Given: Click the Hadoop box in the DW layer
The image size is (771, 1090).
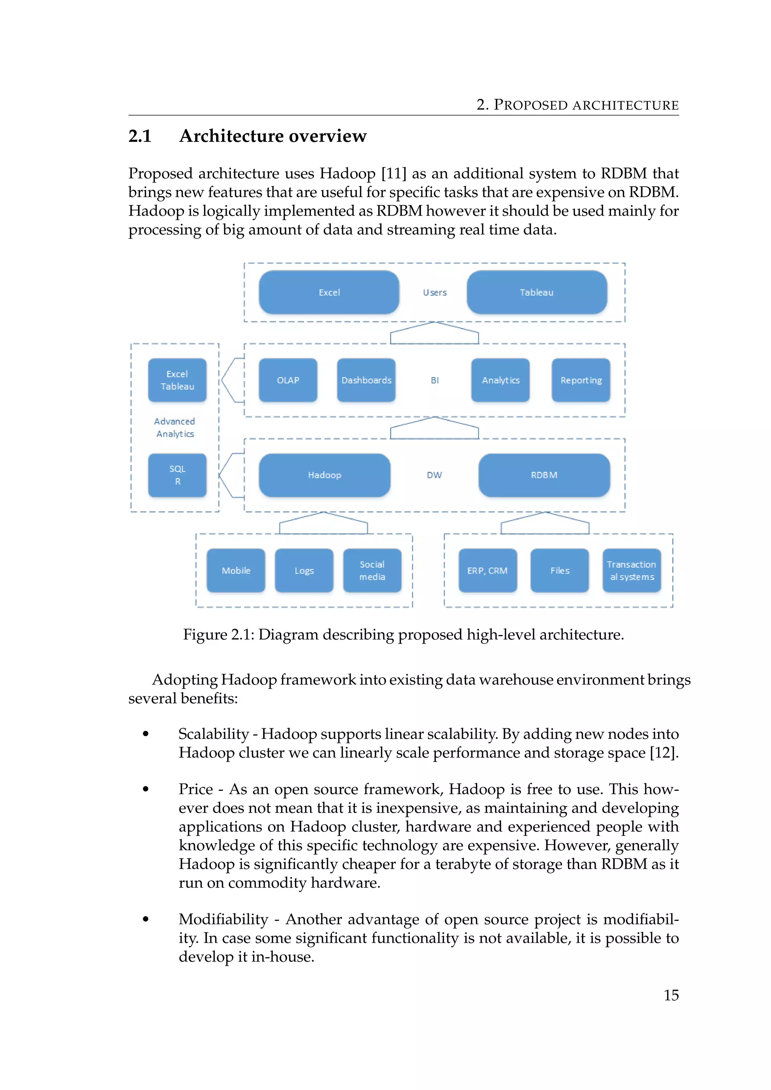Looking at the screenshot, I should pos(324,475).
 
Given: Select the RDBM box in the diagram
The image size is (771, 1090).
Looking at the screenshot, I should pos(544,475).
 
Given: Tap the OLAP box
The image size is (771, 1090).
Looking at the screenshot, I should pos(288,380).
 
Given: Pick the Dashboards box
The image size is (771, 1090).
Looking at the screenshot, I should pos(366,380).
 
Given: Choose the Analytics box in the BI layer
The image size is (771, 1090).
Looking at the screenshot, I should pos(500,380).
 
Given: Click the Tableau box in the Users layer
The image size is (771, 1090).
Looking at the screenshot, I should pos(536,292).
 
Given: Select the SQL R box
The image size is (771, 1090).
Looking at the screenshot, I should pos(177,475).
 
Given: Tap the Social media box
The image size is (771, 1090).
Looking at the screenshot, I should pos(372,571).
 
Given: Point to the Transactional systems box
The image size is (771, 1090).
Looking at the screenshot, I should pos(631,571).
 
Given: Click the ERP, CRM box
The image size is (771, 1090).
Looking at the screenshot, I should pos(488,571).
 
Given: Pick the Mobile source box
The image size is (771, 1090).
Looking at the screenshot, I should pos(236,571).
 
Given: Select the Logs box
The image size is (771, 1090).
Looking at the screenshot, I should pos(304,571).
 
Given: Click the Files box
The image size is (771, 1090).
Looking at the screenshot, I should pos(560,571).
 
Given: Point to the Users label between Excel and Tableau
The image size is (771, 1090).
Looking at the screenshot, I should pos(435,293).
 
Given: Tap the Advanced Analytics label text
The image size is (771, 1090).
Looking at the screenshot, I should pos(175,428).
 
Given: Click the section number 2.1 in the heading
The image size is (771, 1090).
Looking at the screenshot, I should pos(140,136).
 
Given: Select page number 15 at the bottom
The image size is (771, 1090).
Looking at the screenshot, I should pos(671,995).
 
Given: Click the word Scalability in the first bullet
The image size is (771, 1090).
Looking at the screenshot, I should pos(213,734).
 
